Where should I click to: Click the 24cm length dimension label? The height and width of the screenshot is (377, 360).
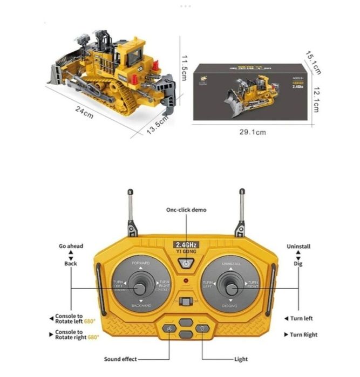85,113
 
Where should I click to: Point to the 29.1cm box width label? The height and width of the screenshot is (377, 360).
253,132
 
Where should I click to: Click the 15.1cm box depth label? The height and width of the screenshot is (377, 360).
314,63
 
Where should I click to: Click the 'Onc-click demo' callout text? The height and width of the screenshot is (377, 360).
186,210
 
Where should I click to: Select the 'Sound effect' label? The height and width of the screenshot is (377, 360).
120,359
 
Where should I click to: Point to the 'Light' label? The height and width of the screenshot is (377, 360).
241,359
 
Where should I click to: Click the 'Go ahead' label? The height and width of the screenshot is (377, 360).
71,246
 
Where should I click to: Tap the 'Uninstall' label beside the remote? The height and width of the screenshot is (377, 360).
298,246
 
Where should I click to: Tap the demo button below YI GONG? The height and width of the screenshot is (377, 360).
186,264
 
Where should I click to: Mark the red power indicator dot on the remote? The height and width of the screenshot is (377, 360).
186,281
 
